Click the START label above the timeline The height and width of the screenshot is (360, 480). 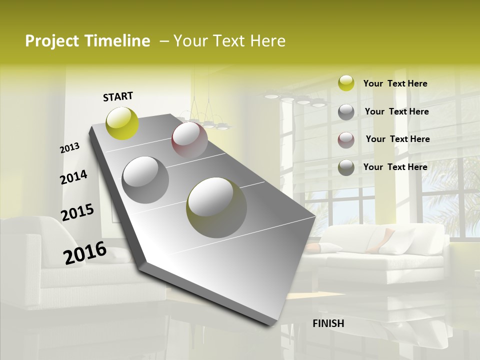[118, 96]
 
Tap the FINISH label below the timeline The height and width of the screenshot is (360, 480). [328, 323]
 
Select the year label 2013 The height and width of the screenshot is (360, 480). [70, 148]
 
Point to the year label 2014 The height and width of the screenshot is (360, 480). [73, 177]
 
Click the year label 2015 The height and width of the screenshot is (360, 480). [77, 212]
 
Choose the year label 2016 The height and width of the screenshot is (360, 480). [85, 252]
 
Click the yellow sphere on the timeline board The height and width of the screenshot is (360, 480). [122, 123]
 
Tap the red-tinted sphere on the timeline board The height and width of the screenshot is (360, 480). [189, 140]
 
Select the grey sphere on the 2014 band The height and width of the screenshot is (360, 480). [145, 179]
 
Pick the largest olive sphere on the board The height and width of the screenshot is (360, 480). [216, 207]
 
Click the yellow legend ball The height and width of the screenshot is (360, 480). [346, 83]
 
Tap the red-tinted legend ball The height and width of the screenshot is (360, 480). [346, 139]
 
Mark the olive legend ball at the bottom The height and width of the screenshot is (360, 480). [346, 167]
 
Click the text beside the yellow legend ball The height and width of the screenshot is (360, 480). [395, 83]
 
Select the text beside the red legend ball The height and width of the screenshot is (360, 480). [397, 139]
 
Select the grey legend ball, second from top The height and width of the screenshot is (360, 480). [346, 111]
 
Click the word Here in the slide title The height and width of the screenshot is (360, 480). [267, 41]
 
